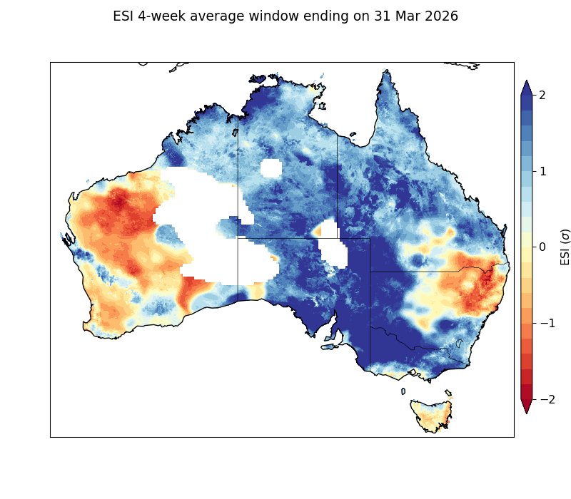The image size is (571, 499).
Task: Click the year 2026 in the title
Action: [439, 16]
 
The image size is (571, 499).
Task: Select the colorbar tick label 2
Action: [542, 95]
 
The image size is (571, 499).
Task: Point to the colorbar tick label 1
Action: [542, 171]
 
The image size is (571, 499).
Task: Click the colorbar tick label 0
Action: [542, 247]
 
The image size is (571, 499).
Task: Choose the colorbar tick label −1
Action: [539, 323]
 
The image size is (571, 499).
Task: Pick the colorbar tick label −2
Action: [539, 399]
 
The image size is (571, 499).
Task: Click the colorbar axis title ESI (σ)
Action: [565, 247]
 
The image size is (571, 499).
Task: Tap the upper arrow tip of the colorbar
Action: [526, 82]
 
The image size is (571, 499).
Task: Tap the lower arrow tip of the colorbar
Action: [526, 412]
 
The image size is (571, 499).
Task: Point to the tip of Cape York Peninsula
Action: [387, 71]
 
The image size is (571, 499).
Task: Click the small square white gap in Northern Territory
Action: [271, 168]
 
